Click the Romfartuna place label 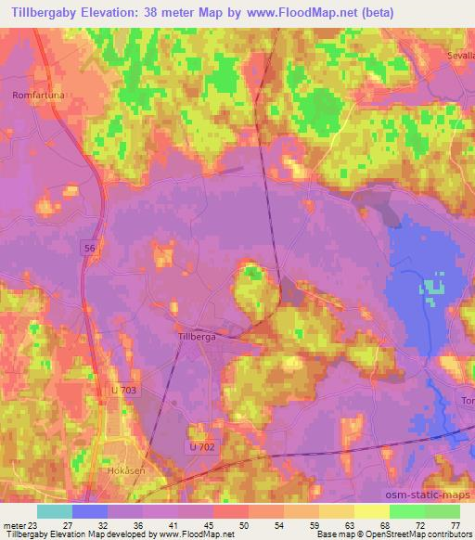[x=36, y=95]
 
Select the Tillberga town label [x=196, y=337]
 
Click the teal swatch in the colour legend [x=55, y=511]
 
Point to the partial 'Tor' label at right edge [x=467, y=400]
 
